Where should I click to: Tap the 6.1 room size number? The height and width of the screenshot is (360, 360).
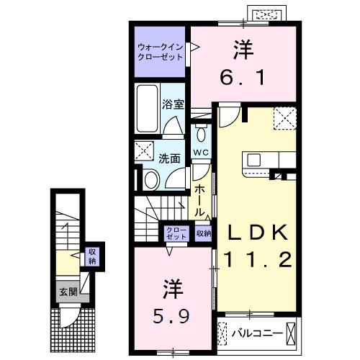point(243,74)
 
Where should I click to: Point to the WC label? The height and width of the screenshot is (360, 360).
point(201,153)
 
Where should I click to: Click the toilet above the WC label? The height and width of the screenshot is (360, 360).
point(201,135)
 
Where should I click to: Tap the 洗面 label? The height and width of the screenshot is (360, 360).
point(170,158)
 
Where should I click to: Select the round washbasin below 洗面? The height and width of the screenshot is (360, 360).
point(150,180)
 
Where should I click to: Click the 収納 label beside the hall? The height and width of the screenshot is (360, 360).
point(204,233)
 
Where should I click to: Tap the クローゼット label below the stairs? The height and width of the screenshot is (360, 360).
point(175,233)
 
